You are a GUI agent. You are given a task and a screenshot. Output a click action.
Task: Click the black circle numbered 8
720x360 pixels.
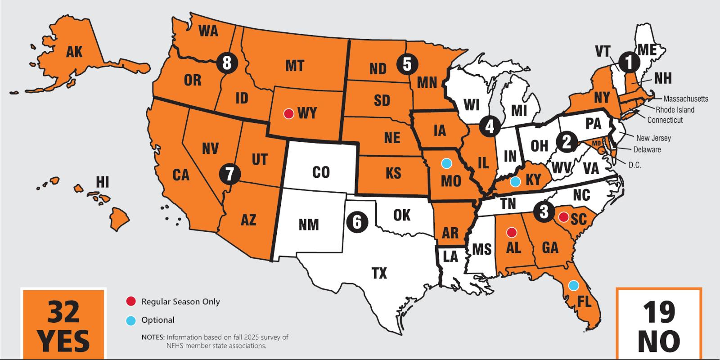pos(227,63)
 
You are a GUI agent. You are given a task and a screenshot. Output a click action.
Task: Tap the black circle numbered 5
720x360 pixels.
pos(407,64)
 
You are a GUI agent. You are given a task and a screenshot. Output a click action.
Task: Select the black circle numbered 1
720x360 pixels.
pos(629,62)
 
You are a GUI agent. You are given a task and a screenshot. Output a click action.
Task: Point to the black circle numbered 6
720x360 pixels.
pos(357,222)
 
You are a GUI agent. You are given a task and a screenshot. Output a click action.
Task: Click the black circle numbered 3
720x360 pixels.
pos(544,211)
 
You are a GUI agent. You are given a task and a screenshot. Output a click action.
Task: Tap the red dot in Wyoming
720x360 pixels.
pos(288,113)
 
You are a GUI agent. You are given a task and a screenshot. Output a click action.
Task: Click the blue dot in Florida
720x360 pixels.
pos(573,285)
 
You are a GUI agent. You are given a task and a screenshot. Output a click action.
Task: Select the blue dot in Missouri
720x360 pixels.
pos(446,163)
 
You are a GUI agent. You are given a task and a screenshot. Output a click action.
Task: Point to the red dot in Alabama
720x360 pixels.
pos(512,232)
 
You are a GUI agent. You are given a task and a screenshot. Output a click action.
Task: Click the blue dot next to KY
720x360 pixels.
pos(515,181)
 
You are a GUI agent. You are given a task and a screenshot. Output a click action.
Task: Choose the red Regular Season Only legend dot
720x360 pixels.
pos(131,301)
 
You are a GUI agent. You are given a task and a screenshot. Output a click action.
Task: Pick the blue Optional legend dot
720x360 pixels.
pos(131,320)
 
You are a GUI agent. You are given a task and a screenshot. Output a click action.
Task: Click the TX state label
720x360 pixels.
pos(379,273)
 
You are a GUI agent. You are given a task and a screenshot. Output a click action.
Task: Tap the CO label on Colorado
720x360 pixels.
pos(321,172)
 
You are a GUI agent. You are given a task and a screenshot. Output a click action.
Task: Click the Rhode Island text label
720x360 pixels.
pos(675,110)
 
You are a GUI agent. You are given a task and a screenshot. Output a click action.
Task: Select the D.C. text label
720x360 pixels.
pos(634,165)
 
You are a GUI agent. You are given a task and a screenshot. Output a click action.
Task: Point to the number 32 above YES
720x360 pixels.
pos(63,312)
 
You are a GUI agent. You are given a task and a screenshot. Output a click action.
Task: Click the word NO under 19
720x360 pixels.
pos(659,342)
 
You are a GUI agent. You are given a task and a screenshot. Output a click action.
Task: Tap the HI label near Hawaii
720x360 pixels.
pos(102,182)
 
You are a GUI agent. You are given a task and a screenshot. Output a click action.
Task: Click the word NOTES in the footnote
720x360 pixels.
pos(153,337)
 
